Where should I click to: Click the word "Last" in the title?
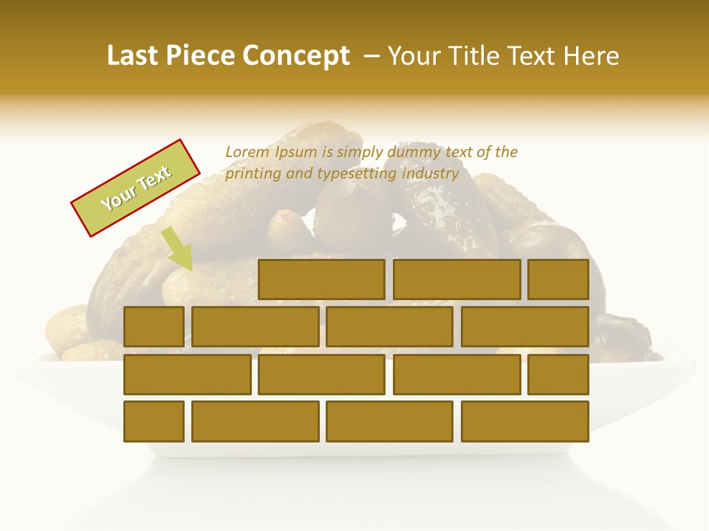(133, 56)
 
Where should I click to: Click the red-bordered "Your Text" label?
(136, 188)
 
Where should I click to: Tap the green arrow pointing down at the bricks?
(178, 249)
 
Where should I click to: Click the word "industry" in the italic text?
(430, 174)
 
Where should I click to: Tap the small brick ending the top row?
(558, 280)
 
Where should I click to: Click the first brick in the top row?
(321, 280)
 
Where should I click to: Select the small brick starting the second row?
(154, 327)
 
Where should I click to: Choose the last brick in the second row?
(524, 327)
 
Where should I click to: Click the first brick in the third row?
(187, 375)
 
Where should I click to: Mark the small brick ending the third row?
(558, 375)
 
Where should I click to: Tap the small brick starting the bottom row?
(154, 422)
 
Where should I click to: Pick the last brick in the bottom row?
(524, 422)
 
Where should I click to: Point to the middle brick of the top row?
(456, 280)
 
